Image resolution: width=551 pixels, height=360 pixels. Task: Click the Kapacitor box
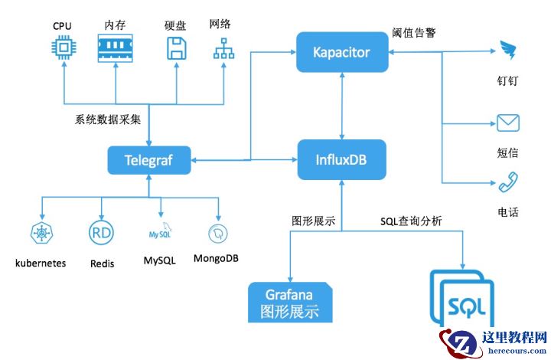[x=341, y=53]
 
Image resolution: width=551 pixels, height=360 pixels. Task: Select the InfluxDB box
[x=341, y=160]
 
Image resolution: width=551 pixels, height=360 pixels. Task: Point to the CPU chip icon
[x=62, y=47]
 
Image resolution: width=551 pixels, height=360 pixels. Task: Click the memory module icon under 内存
[x=115, y=47]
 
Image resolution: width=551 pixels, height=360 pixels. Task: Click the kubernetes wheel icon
[x=40, y=232]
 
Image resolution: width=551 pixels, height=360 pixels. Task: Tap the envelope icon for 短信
[x=508, y=123]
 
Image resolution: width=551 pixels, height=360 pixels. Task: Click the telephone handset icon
[x=508, y=182]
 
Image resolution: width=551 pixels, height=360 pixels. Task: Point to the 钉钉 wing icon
[x=509, y=52]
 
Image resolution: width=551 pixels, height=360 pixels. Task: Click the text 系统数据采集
[x=108, y=120]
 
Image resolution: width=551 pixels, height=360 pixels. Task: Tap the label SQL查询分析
[x=411, y=221]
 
